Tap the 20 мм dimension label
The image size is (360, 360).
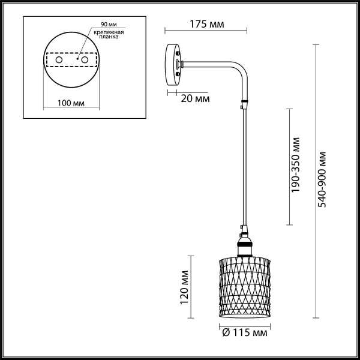point(194,97)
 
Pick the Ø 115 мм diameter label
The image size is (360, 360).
point(245,332)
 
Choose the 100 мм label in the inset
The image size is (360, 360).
point(70,103)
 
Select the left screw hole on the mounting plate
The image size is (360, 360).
point(59,61)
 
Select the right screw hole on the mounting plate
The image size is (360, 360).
point(85,61)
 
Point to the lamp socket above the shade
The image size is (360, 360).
point(244,244)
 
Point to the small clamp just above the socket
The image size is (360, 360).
point(242,228)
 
